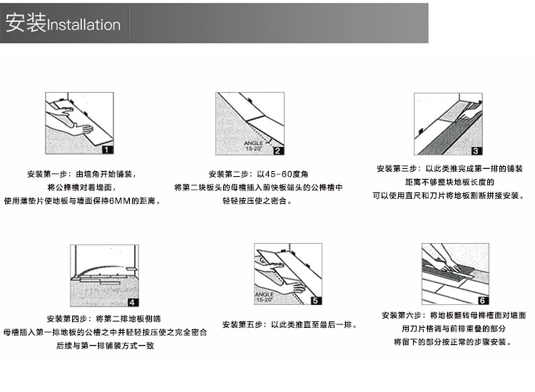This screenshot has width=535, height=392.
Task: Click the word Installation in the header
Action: tap(83, 25)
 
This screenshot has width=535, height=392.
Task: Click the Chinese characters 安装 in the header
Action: tap(24, 24)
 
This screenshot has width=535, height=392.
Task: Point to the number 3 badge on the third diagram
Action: tap(477, 150)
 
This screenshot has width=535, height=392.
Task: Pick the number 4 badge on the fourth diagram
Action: tap(133, 301)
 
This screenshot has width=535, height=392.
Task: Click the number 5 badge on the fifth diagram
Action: tap(317, 301)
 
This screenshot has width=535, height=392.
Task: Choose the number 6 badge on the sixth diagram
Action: tap(483, 301)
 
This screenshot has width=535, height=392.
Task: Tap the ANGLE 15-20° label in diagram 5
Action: tap(264, 296)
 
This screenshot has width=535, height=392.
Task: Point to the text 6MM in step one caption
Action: tap(118, 201)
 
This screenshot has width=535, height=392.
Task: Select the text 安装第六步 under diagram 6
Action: tap(402, 315)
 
